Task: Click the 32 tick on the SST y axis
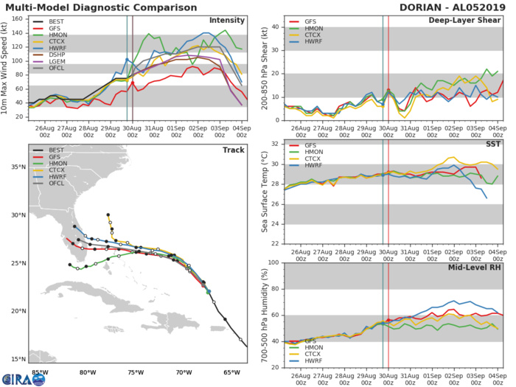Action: click(x=276, y=144)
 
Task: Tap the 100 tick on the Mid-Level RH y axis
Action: click(x=273, y=262)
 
